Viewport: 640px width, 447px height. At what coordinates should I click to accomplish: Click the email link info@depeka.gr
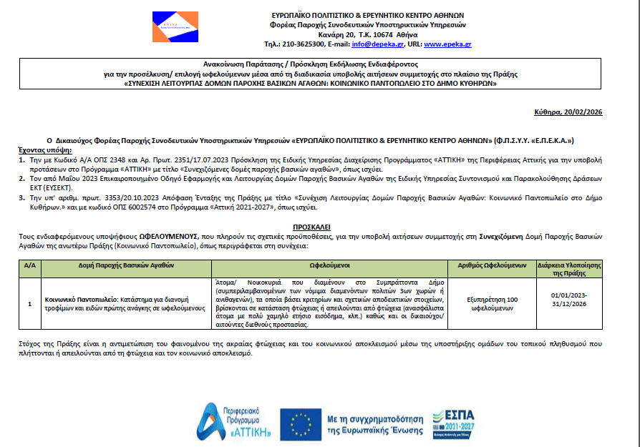pyautogui.click(x=384, y=44)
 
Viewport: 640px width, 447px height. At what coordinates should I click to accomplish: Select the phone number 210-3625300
pyautogui.click(x=306, y=44)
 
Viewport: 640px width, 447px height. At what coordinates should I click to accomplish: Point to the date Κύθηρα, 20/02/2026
pyautogui.click(x=570, y=112)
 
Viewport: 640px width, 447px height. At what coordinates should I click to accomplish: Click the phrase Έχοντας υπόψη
pyautogui.click(x=45, y=151)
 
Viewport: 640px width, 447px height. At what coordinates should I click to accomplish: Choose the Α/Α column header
pyautogui.click(x=29, y=265)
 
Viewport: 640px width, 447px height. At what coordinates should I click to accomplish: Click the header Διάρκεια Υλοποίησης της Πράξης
pyautogui.click(x=570, y=269)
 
